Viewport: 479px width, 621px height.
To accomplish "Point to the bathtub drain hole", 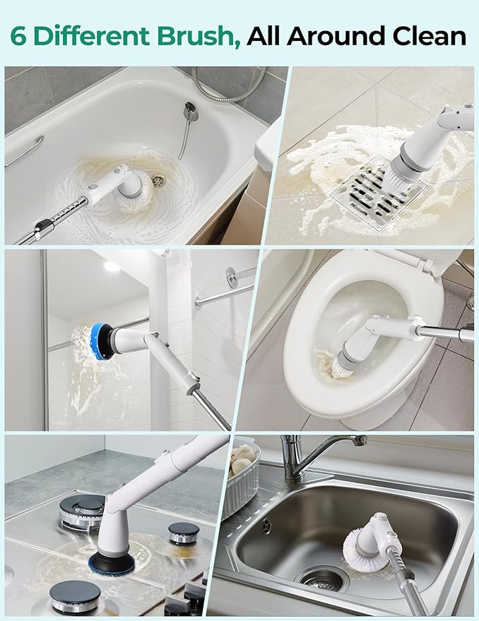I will [160, 181].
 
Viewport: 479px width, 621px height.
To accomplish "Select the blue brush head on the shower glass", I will [102, 341].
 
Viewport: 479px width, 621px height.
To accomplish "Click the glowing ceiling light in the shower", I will [112, 267].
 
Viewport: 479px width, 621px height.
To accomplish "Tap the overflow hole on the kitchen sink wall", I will [266, 526].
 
